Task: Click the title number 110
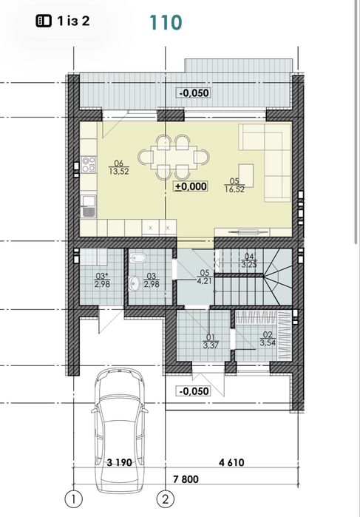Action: tap(166, 22)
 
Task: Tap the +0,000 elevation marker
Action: tap(191, 186)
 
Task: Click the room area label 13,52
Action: tap(119, 172)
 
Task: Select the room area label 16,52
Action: tap(234, 189)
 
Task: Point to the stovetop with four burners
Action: tap(89, 164)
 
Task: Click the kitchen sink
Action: tap(89, 206)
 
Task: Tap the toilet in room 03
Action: tap(138, 258)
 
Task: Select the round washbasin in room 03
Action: tap(134, 283)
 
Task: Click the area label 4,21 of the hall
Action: tap(204, 281)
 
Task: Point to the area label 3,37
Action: tap(211, 346)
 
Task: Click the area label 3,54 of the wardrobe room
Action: tap(268, 342)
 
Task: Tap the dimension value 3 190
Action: tap(119, 462)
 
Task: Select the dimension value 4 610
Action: tap(232, 462)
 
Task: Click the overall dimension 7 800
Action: tap(186, 479)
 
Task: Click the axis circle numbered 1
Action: tap(73, 499)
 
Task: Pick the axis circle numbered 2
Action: tap(165, 499)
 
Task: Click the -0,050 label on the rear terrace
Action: tap(194, 93)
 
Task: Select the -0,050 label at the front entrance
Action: tap(194, 391)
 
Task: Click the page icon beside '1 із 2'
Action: tap(44, 21)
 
